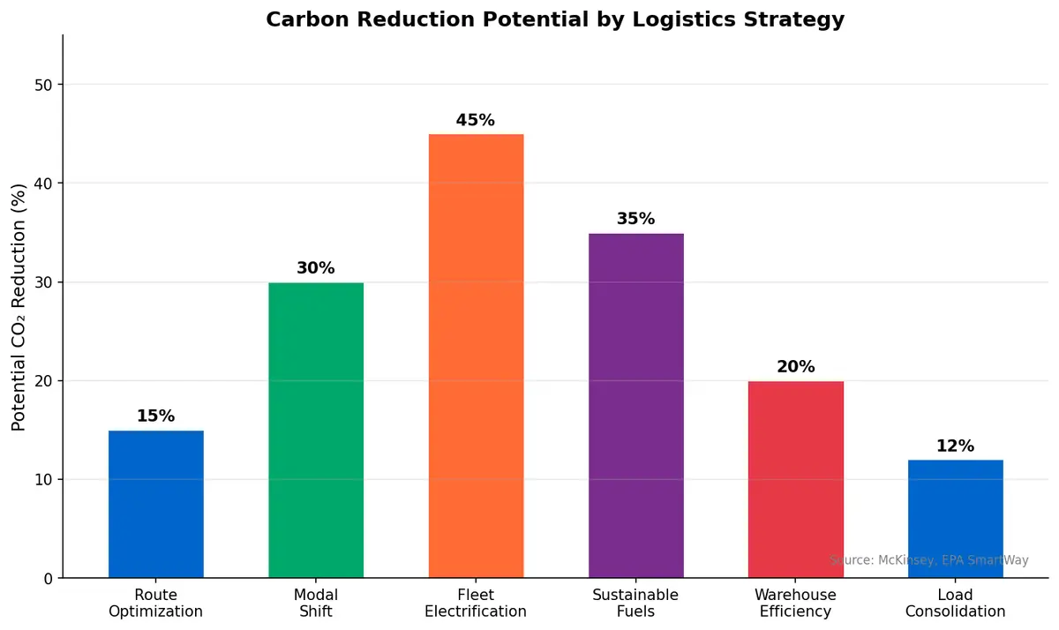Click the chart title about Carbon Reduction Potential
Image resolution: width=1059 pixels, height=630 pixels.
coord(555,19)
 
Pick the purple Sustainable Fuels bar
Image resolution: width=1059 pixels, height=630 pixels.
coord(635,405)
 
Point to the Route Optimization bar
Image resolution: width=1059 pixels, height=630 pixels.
coord(156,504)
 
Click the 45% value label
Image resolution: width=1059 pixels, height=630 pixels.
coord(476,120)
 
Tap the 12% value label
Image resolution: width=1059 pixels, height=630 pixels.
coord(956,446)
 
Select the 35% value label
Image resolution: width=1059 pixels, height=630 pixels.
coord(635,219)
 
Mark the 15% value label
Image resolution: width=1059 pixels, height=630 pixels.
coord(156,416)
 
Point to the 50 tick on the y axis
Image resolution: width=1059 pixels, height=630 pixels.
coord(43,85)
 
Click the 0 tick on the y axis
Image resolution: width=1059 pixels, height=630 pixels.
coord(48,578)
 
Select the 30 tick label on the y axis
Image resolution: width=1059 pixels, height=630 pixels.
coord(43,282)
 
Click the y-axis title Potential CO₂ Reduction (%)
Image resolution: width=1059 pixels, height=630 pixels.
coord(19,307)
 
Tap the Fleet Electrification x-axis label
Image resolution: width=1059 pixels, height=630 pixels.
coord(476,604)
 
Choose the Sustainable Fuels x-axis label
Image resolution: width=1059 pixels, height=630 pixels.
coord(635,604)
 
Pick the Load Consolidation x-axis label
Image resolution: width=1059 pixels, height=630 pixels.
coord(956,604)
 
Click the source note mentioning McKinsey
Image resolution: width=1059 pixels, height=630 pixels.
coord(928,560)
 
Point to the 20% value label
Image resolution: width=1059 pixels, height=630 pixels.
coord(796,367)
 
